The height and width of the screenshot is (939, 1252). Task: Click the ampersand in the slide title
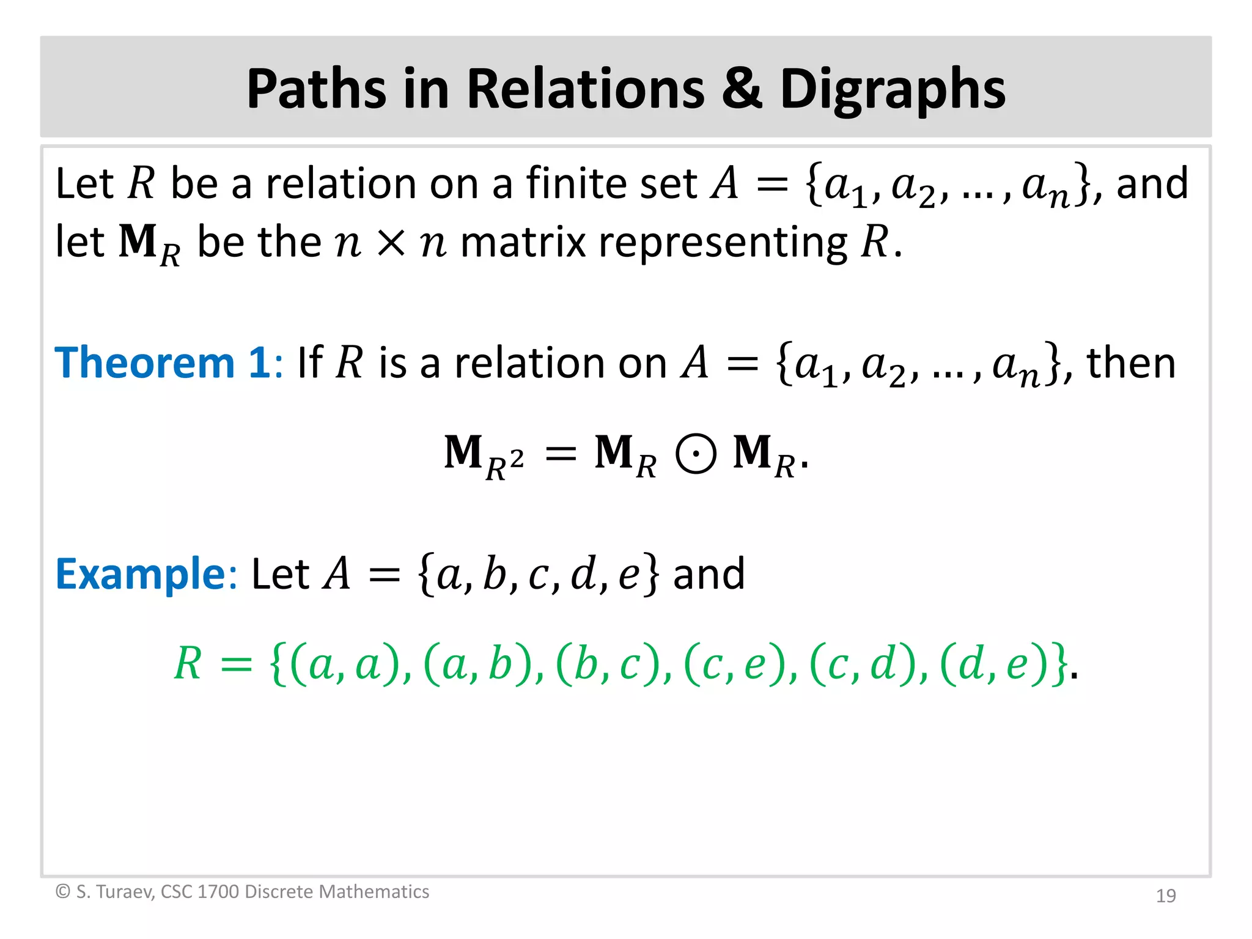point(742,89)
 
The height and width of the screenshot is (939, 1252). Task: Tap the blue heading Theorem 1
point(163,363)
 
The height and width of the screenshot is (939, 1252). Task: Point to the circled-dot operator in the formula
point(696,454)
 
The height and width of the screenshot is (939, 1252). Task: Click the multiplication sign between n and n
point(391,243)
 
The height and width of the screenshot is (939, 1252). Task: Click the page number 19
point(1166,896)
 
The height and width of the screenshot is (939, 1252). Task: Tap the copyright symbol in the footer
point(62,892)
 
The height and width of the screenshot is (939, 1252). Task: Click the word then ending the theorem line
point(1130,363)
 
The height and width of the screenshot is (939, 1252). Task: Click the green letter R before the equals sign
point(188,664)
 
